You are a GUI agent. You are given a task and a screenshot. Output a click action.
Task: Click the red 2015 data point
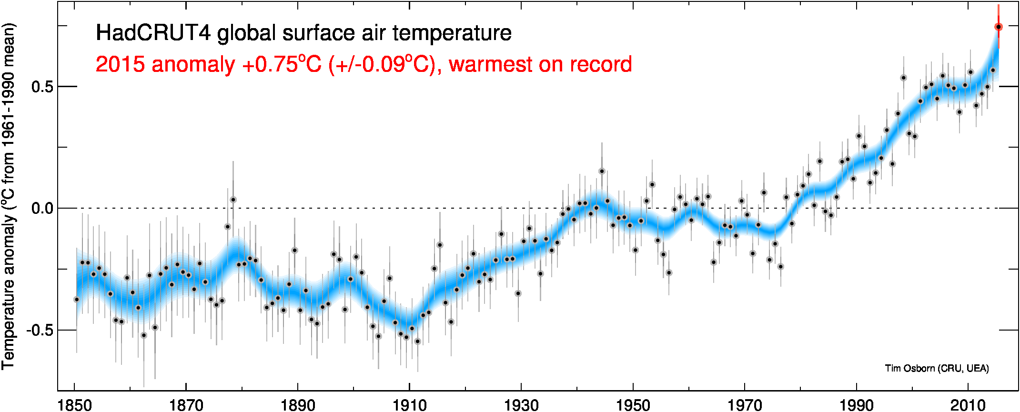click(999, 27)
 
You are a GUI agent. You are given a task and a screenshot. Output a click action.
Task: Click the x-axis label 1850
click(74, 405)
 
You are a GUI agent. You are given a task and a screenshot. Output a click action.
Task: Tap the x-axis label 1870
click(186, 405)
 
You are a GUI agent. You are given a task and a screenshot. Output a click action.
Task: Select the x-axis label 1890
click(298, 405)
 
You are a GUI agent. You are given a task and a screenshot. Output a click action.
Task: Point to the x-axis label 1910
click(410, 405)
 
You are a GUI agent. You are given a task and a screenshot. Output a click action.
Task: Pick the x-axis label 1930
click(521, 405)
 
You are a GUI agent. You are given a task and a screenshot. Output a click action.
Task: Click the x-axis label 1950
click(633, 405)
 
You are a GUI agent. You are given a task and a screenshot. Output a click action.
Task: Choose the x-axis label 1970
click(745, 405)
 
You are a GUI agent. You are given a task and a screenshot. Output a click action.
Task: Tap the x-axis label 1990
click(857, 405)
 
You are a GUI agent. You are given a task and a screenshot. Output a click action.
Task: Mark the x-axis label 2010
click(968, 405)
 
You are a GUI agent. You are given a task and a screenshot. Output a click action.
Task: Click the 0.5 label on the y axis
click(42, 87)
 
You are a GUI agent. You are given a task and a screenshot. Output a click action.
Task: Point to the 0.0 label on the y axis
click(42, 209)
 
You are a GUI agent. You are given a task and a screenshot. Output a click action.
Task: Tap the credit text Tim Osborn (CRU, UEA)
click(937, 368)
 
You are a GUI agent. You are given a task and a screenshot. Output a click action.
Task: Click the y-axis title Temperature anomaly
click(8, 291)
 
